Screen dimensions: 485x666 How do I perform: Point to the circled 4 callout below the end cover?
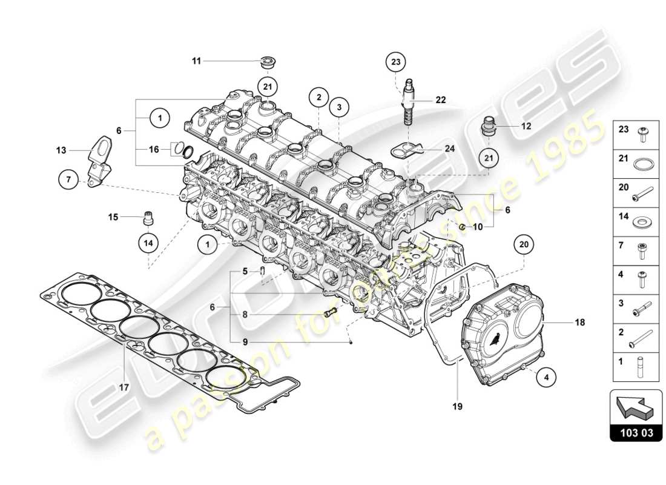click(546, 377)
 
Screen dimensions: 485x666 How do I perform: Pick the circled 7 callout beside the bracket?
click(68, 179)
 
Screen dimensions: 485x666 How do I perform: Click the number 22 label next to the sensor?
click(441, 100)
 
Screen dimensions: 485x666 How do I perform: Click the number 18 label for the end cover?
click(580, 323)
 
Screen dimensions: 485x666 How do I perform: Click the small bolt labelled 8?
click(330, 313)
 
